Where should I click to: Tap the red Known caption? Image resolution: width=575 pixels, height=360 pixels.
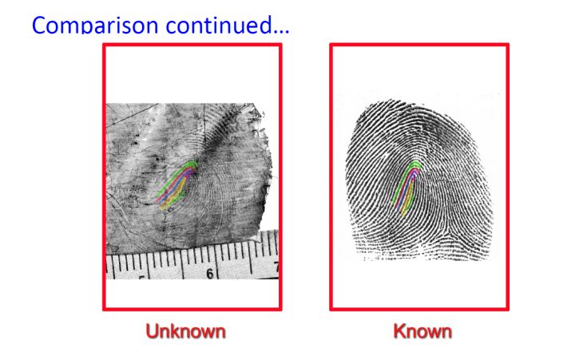click(x=420, y=330)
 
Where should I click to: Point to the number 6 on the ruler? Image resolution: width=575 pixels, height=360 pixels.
click(x=212, y=273)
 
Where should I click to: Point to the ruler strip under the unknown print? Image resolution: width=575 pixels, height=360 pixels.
click(x=192, y=259)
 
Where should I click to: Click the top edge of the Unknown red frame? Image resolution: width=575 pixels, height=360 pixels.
click(x=192, y=45)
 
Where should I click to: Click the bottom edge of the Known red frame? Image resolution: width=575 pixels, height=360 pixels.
click(x=420, y=309)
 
